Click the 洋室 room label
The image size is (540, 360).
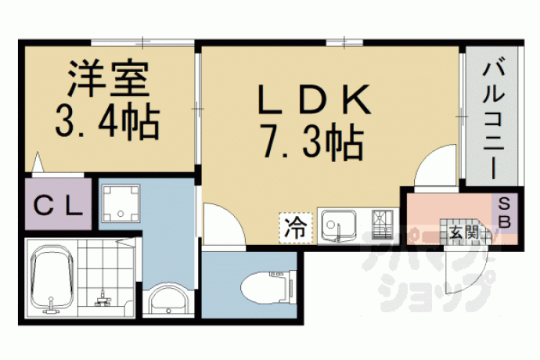[109, 78]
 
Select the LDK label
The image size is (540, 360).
[314, 99]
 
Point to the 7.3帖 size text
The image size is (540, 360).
[313, 142]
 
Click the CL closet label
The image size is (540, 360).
[58, 206]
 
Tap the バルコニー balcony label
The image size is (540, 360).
[493, 121]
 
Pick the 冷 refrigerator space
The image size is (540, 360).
[296, 228]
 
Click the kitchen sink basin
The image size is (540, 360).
[339, 225]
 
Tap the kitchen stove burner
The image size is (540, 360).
[382, 225]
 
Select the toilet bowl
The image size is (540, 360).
[268, 287]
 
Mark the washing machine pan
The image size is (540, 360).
[121, 203]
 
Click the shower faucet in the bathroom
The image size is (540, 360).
[102, 299]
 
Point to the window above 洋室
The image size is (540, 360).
[142, 43]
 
